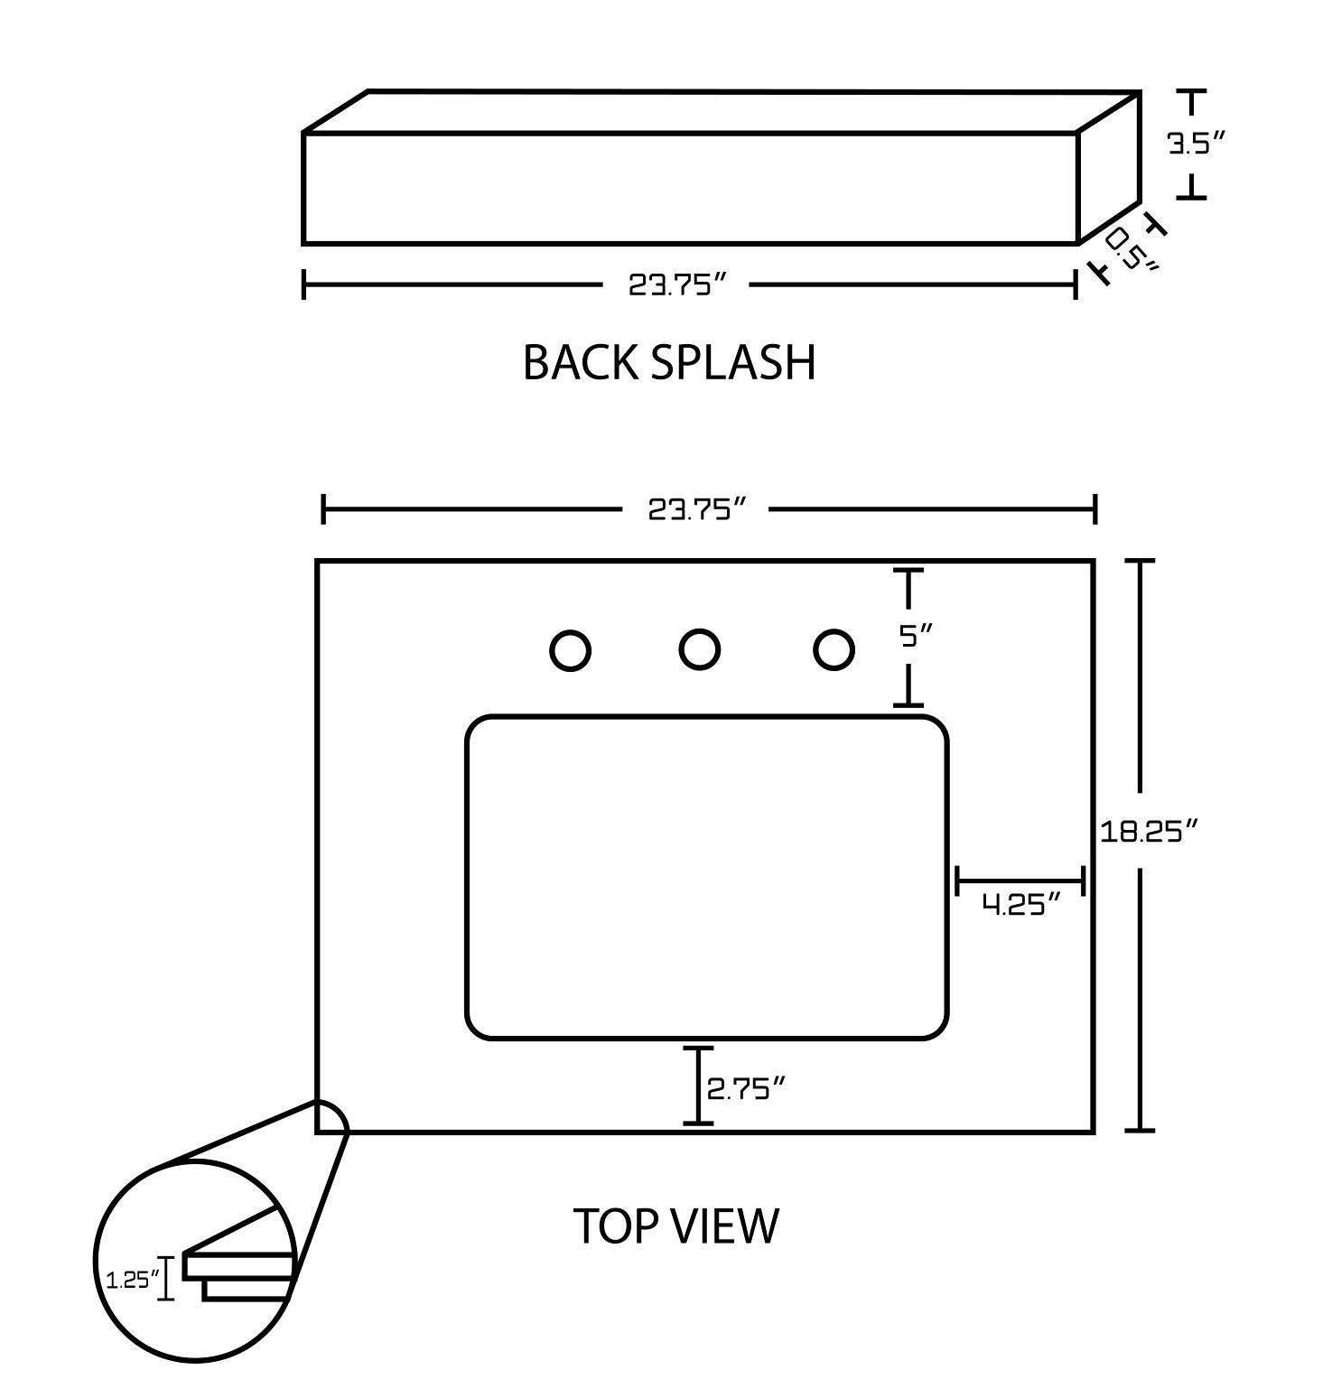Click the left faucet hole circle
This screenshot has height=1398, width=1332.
coord(570,651)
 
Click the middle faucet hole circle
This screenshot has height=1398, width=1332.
coord(699,649)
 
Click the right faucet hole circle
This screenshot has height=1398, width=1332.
coord(833,650)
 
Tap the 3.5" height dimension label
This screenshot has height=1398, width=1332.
coord(1197,144)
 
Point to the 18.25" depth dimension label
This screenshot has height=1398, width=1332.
coord(1148,831)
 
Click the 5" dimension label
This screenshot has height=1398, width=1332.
coord(914,637)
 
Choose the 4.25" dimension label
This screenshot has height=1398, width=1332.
coord(1020,904)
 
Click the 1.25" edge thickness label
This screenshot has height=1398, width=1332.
coord(132,1279)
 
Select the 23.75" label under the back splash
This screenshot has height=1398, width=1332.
coord(677,285)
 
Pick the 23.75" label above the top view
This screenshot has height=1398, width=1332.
coord(697,510)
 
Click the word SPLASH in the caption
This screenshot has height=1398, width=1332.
coord(732,362)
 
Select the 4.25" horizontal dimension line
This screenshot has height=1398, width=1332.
coord(1020,880)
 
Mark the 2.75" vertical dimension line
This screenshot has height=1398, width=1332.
coord(698,1085)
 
